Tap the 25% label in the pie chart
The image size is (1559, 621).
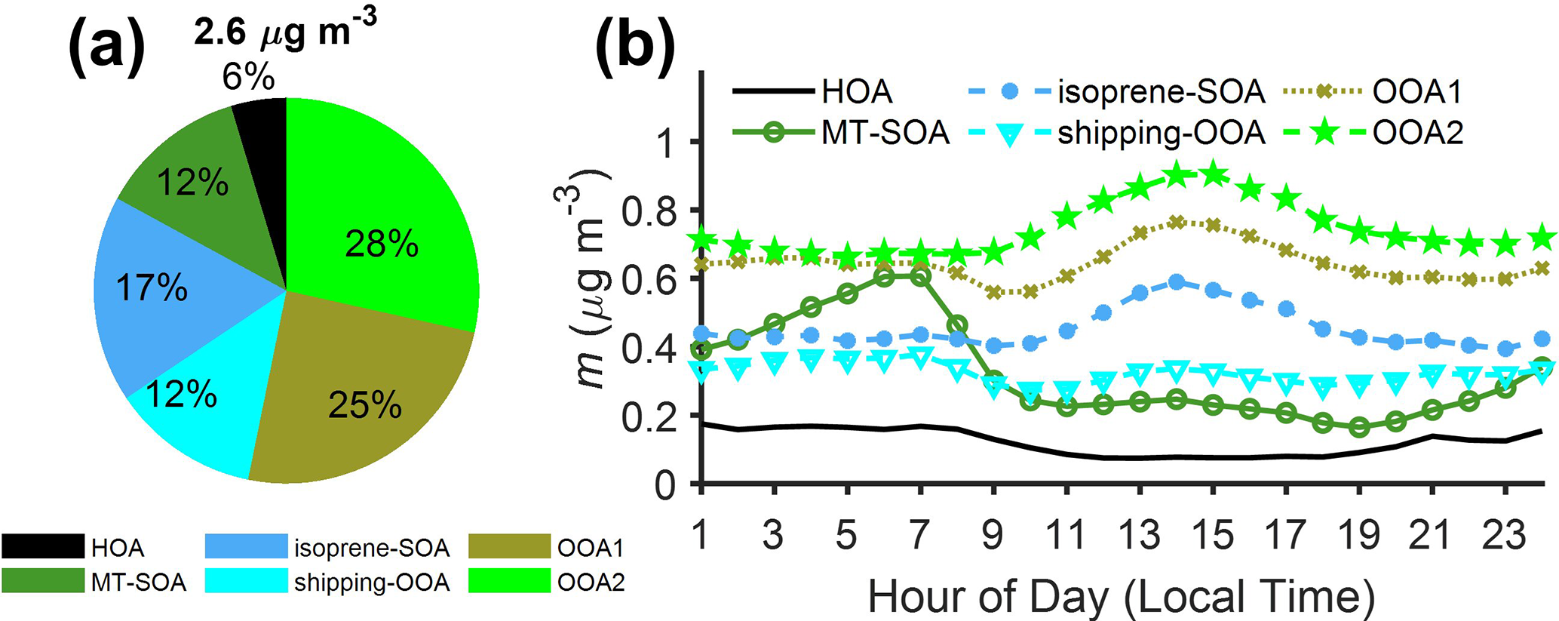coord(365,406)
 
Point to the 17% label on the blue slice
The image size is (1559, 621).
coord(152,288)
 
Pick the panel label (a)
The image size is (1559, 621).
coord(106,47)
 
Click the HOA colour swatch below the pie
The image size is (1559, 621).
coord(43,546)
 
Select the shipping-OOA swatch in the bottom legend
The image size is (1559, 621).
coord(246,582)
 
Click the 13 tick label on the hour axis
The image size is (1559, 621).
coord(1139,534)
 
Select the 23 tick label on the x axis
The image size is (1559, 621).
coord(1505,534)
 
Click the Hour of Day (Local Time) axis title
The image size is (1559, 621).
coord(1122,596)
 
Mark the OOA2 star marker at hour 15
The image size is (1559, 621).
coord(1213,174)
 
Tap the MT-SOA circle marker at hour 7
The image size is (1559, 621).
coord(919,277)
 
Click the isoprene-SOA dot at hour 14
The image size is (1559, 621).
coord(1177,282)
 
